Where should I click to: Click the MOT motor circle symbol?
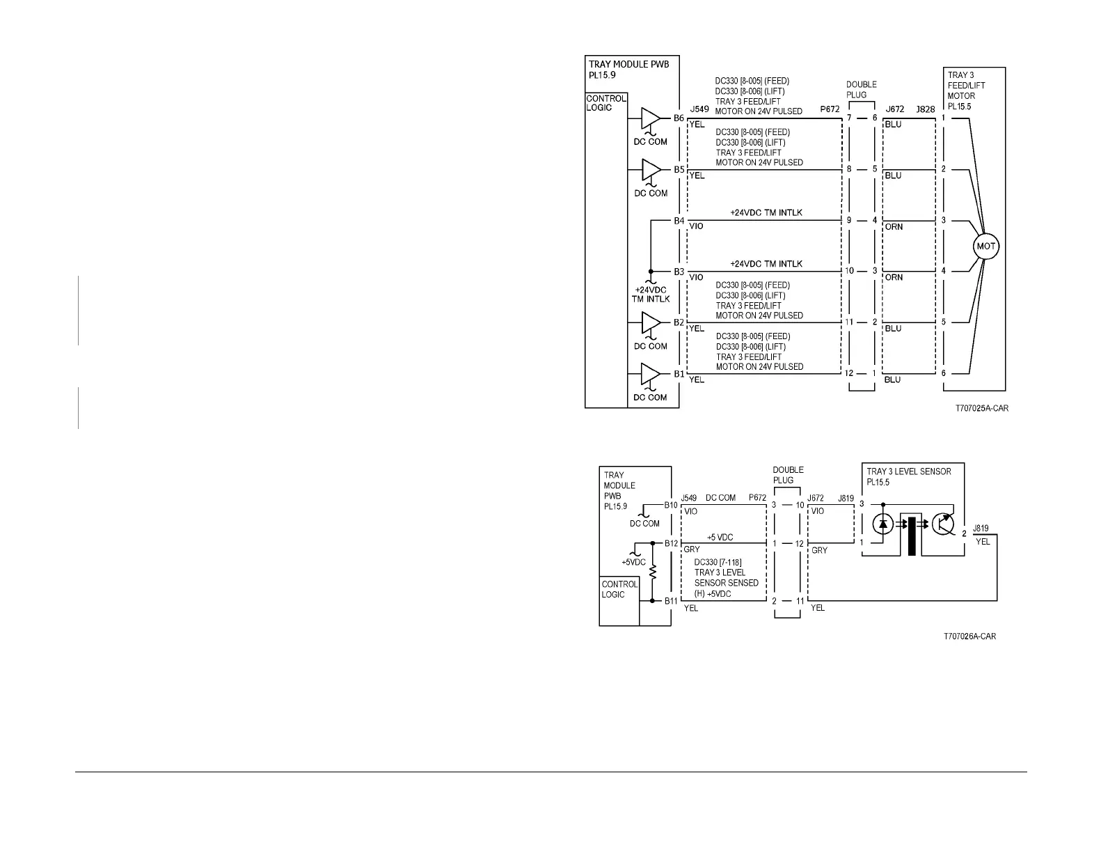tap(986, 247)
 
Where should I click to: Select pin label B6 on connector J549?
tap(679, 118)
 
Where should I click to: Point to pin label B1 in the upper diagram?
tap(679, 374)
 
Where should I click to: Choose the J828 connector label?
tap(926, 109)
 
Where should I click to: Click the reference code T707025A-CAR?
tap(981, 409)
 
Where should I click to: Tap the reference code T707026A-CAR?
tap(969, 637)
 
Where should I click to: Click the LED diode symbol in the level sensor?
tap(883, 524)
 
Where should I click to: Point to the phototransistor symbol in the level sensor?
tap(945, 524)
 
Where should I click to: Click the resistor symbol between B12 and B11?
tap(653, 572)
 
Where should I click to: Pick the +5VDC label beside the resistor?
tap(633, 562)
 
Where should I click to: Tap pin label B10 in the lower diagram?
tap(671, 505)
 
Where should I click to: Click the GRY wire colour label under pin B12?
tap(692, 550)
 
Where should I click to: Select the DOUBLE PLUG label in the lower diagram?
tap(788, 475)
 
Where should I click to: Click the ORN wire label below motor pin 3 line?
tap(894, 226)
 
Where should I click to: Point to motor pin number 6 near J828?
tap(944, 373)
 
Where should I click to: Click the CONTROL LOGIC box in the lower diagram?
tap(619, 590)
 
